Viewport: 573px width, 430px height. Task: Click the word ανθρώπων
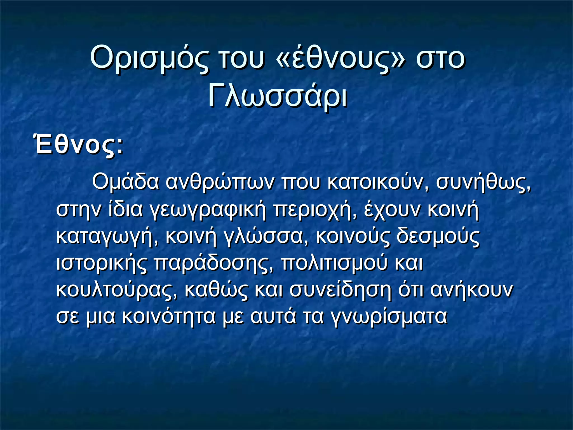[x=219, y=182]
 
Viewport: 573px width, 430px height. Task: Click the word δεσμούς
[x=438, y=236]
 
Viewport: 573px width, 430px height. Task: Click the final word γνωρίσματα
[x=389, y=317]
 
